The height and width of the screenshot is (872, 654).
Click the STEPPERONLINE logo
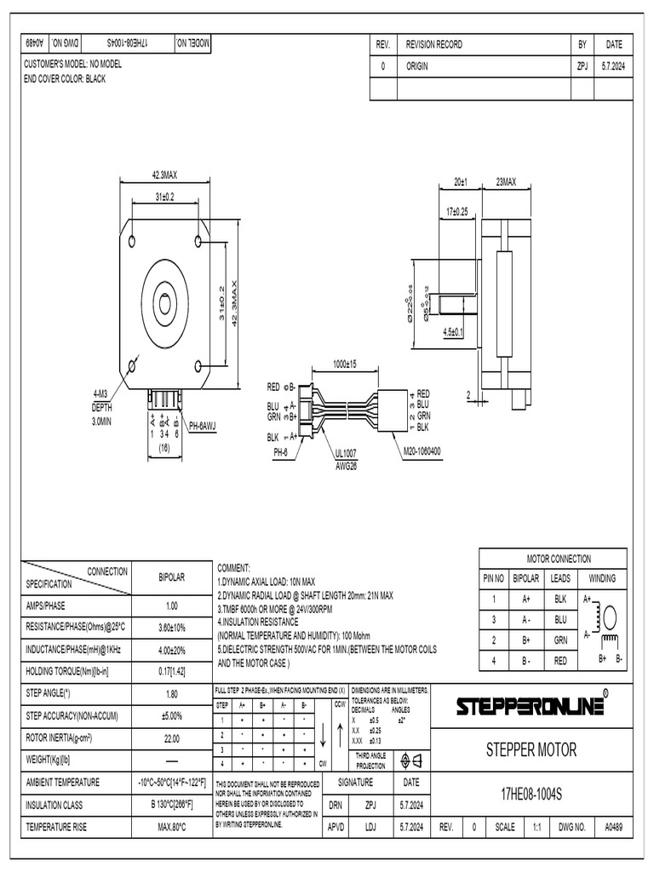[x=532, y=706]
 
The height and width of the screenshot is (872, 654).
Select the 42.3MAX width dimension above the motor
[x=164, y=175]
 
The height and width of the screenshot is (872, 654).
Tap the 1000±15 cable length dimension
[x=345, y=364]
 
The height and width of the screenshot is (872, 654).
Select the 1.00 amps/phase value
[x=172, y=606]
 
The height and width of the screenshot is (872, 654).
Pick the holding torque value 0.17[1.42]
[x=172, y=672]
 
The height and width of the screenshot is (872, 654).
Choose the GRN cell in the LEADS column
[x=559, y=639]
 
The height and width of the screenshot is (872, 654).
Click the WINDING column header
[x=602, y=579]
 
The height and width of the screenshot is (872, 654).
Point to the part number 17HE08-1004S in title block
[x=531, y=793]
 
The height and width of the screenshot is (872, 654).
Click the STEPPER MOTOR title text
[x=531, y=750]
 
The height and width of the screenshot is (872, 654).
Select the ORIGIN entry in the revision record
[x=418, y=66]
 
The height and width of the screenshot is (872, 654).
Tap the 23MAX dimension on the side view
[x=506, y=182]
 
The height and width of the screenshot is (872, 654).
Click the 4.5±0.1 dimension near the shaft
[x=453, y=333]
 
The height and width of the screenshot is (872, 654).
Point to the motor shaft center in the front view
[x=164, y=302]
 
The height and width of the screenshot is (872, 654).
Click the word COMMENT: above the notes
[x=234, y=567]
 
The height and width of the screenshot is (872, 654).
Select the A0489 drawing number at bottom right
[x=613, y=826]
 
